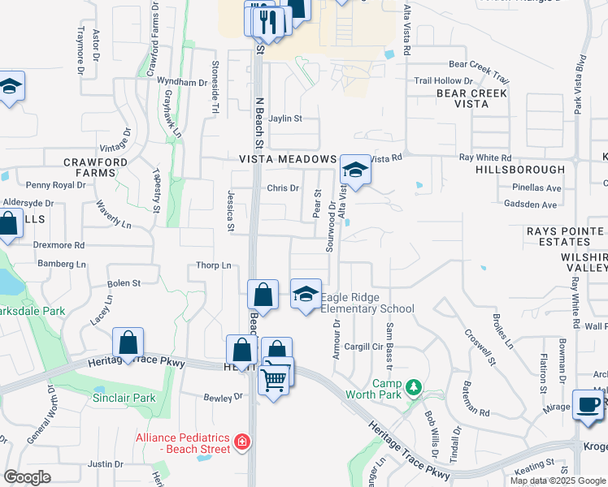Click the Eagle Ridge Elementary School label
[x=367, y=303]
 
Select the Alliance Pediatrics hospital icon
[x=241, y=442]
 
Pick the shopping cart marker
[x=275, y=377]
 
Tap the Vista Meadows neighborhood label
[x=288, y=159]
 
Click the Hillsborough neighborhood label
[x=520, y=170]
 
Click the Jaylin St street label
[x=285, y=119]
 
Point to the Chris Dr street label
[x=284, y=188]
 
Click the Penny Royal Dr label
[x=56, y=185]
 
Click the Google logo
[x=28, y=477]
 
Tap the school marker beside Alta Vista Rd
[x=355, y=170]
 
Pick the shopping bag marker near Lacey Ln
[x=128, y=343]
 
